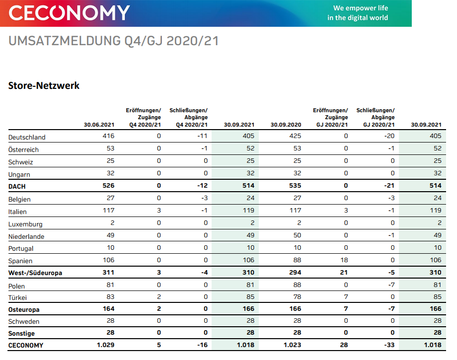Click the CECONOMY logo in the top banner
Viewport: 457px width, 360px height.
click(69, 13)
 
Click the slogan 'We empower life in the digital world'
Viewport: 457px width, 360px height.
click(357, 13)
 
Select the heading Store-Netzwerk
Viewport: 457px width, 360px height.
click(44, 85)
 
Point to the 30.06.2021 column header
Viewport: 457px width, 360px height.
click(99, 125)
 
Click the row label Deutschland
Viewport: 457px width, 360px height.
click(27, 137)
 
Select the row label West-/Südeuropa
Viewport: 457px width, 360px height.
click(35, 273)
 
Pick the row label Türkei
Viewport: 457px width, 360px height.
click(18, 297)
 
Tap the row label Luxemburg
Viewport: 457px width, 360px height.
click(25, 224)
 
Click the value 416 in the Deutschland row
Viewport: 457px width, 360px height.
click(108, 136)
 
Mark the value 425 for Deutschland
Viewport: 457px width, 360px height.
click(295, 136)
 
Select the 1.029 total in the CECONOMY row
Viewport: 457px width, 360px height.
click(105, 345)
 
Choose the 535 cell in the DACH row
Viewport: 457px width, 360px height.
click(295, 186)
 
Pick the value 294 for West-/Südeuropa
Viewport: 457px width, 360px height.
click(295, 272)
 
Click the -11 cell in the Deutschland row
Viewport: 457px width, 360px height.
click(202, 136)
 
